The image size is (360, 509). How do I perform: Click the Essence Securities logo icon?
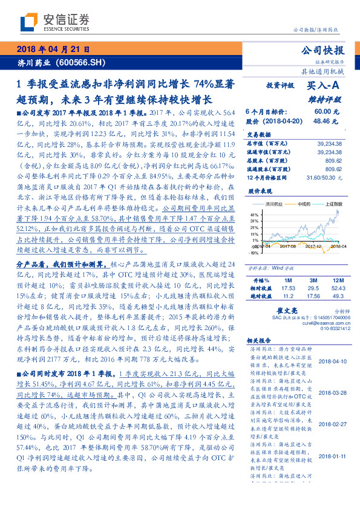pyautogui.click(x=28, y=22)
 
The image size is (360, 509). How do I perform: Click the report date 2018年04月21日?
pyautogui.click(x=54, y=50)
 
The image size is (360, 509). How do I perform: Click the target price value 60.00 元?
pyautogui.click(x=322, y=112)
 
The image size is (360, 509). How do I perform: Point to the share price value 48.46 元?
pyautogui.click(x=322, y=121)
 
